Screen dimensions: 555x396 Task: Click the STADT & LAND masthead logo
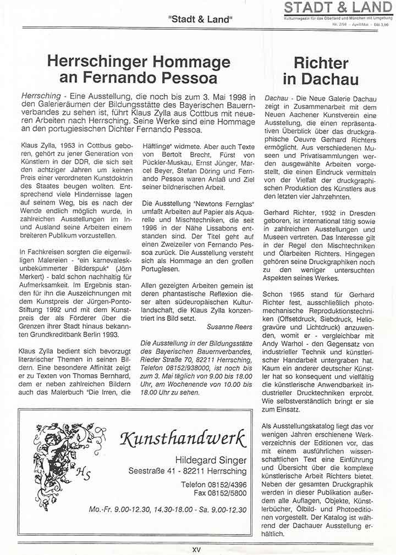(339, 8)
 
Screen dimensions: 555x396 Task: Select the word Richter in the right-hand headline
(321, 63)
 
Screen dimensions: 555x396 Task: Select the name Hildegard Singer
(211, 459)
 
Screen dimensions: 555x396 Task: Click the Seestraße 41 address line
(188, 471)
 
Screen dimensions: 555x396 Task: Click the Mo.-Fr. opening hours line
(168, 509)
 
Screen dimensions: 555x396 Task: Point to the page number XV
(197, 549)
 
